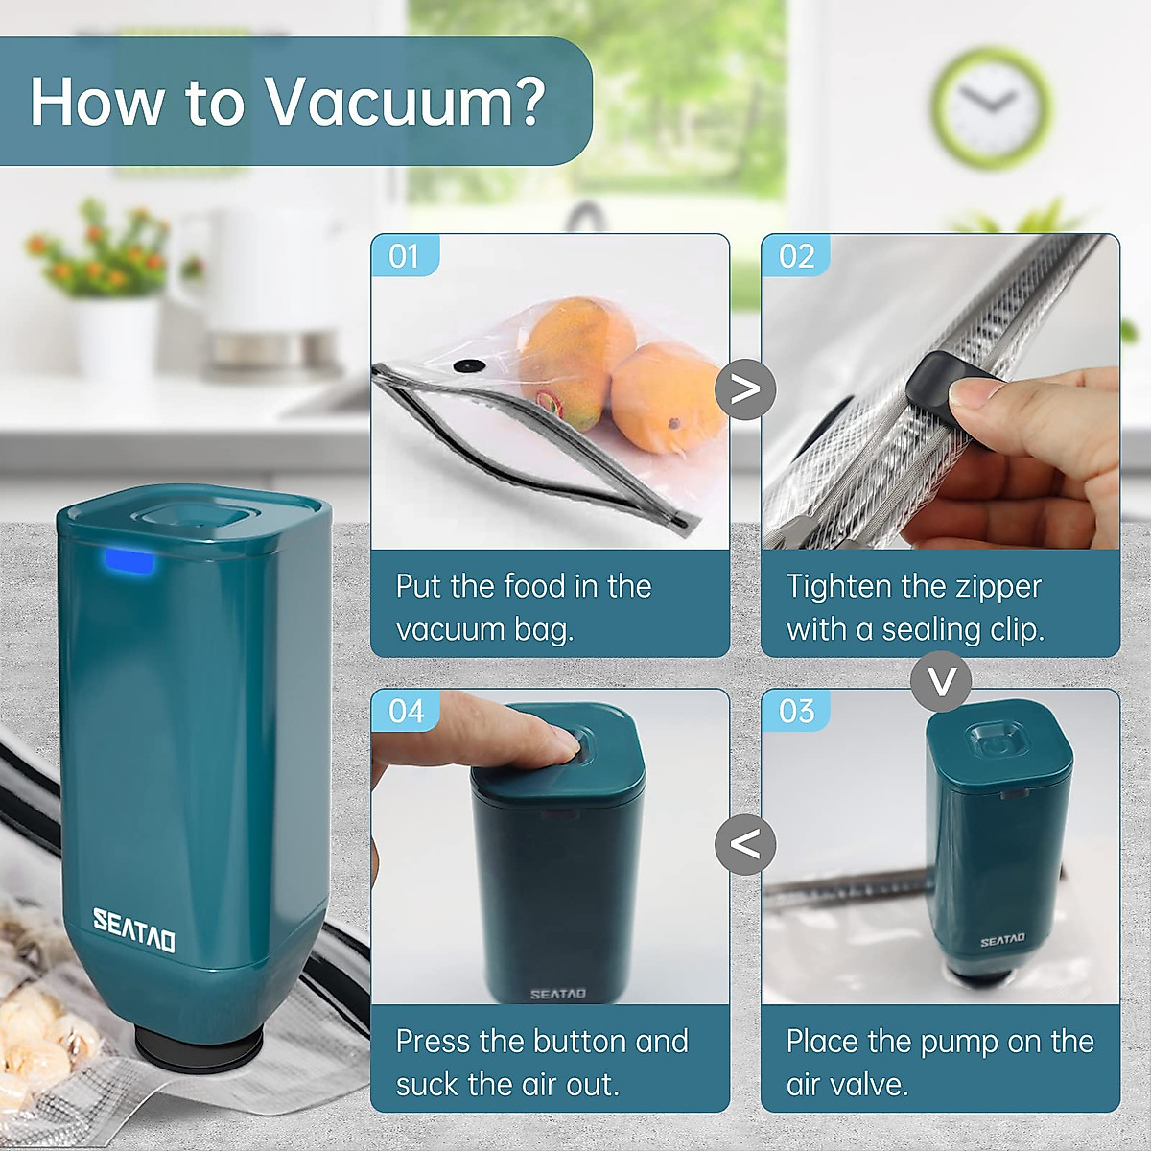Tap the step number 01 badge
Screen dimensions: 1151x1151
tap(405, 256)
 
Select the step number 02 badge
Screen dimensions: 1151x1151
tap(796, 256)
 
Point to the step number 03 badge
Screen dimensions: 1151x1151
tap(796, 711)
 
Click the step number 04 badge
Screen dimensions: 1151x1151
tap(406, 711)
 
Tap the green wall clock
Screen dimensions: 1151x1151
tap(990, 104)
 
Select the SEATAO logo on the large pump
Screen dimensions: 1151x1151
tap(134, 929)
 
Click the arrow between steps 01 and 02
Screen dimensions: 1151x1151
tap(745, 388)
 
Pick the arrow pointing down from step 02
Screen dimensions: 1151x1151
tap(941, 681)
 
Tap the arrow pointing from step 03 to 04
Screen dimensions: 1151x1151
tap(745, 844)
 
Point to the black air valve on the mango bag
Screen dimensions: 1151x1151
tap(469, 365)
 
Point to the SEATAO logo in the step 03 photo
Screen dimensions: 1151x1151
tap(1001, 940)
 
